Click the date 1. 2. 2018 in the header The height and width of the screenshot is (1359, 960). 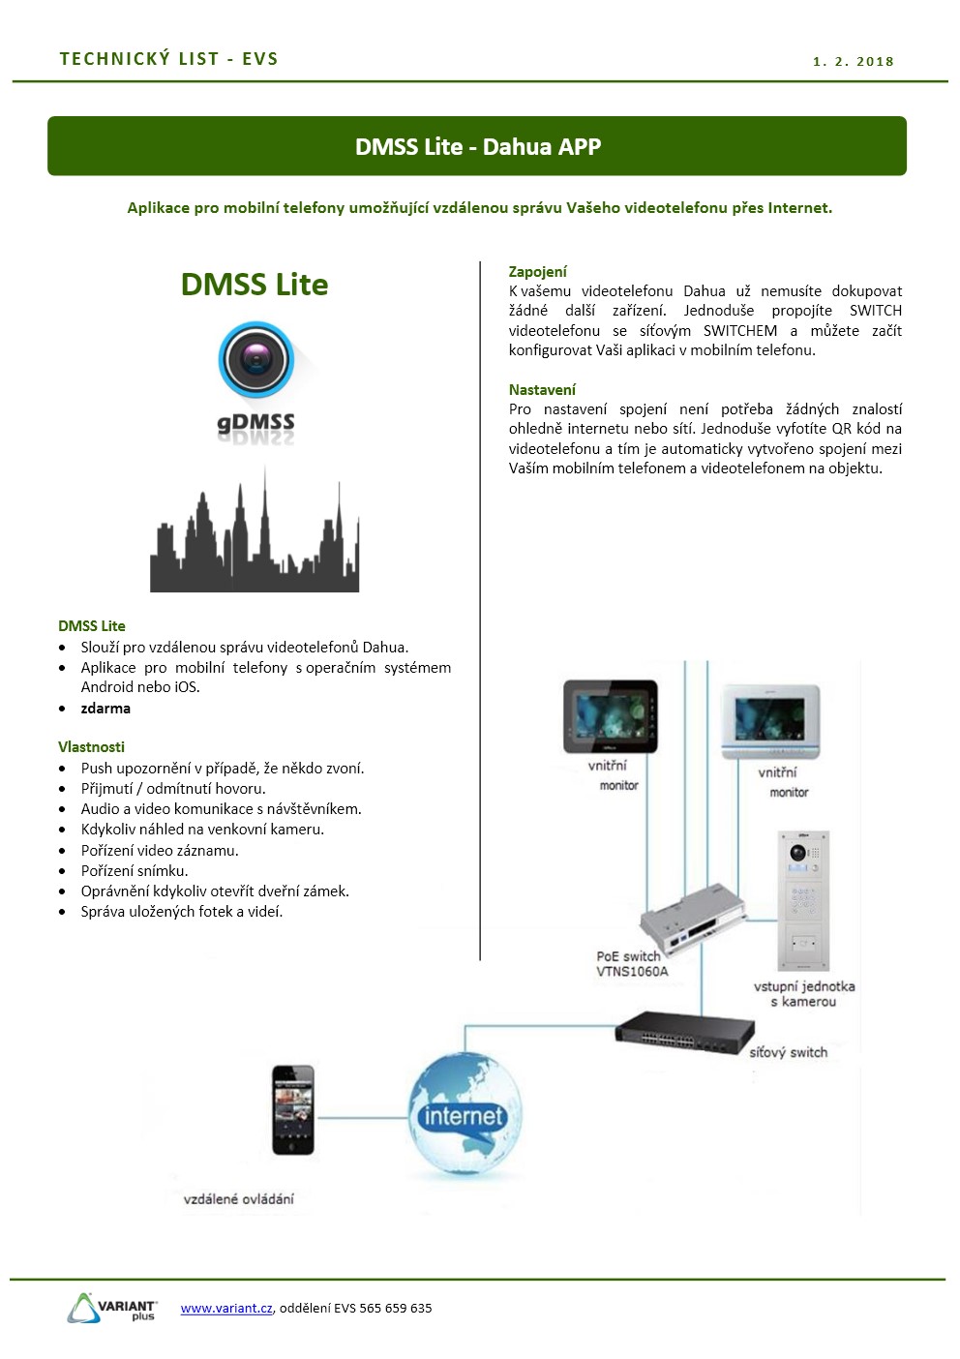[854, 61]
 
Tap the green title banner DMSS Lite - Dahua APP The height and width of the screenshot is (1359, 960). [477, 146]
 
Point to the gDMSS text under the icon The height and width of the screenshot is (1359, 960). [255, 423]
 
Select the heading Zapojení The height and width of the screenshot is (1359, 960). [537, 272]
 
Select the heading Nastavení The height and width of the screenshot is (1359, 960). [542, 389]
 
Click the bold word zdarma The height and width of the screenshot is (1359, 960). [105, 708]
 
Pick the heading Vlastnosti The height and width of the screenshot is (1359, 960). [91, 747]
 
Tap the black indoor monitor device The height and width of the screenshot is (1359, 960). [610, 716]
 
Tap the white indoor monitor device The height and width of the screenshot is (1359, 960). [770, 722]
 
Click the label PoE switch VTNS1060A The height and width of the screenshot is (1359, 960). [631, 963]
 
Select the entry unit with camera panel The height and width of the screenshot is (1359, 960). [803, 900]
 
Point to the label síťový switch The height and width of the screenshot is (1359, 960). [788, 1052]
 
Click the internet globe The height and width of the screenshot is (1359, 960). [465, 1115]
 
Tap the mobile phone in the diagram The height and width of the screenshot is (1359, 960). [293, 1109]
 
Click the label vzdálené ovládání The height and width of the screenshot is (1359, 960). [239, 1199]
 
